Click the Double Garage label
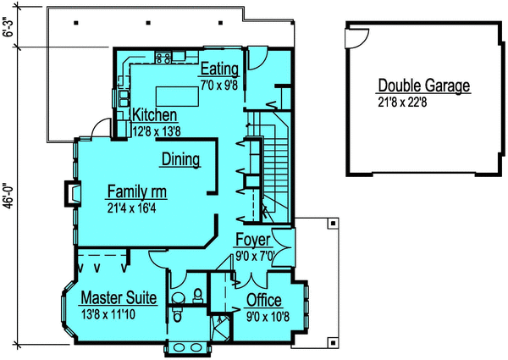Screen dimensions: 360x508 click(423, 86)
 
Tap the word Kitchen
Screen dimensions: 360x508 click(154, 115)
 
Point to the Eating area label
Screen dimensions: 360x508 click(219, 69)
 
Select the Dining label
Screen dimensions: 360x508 click(179, 158)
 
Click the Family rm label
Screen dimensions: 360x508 click(140, 190)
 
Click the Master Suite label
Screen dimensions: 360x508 click(118, 298)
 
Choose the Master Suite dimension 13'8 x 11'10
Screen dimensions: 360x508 click(113, 314)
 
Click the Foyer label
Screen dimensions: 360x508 click(252, 240)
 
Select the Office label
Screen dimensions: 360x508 click(264, 300)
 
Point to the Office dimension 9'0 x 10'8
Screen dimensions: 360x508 click(264, 315)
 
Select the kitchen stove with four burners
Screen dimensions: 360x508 click(165, 57)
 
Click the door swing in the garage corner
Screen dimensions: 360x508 click(359, 36)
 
